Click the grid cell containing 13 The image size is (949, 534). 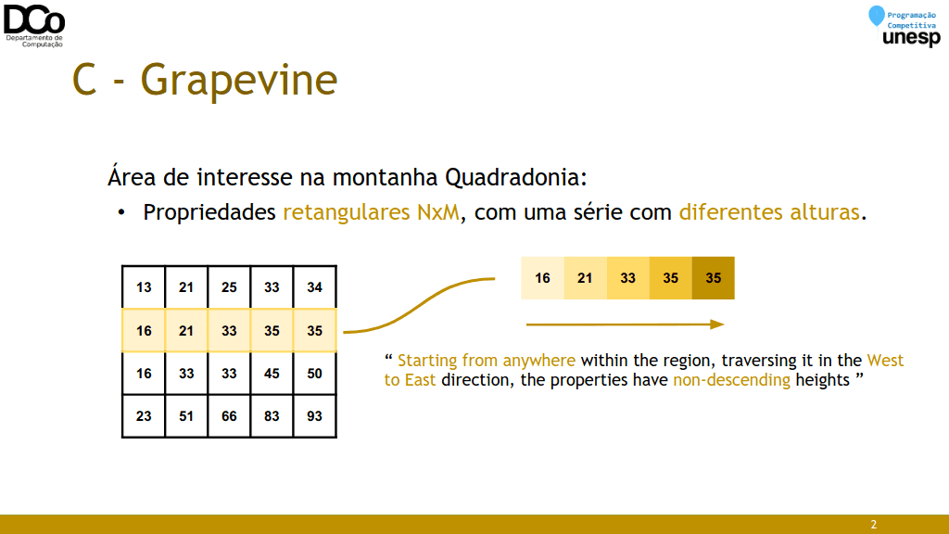pos(144,287)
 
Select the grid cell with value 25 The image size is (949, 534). pos(229,287)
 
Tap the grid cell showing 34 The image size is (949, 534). pos(315,287)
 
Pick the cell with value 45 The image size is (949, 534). pos(272,374)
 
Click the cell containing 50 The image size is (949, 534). pos(315,374)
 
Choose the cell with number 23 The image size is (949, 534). pos(144,416)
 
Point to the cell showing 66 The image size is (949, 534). pos(229,416)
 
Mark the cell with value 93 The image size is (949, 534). pos(315,416)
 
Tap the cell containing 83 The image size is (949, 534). pos(272,416)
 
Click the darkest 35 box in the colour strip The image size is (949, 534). pos(714,278)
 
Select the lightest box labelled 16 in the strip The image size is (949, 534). pos(542,278)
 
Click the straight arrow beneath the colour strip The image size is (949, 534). pos(626,324)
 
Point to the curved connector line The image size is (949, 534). pos(419,305)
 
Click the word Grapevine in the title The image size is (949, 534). pos(239,81)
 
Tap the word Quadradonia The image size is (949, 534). pos(515,177)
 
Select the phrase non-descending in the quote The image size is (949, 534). pos(732,379)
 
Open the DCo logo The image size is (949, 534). pos(34,25)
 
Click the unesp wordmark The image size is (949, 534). pos(912,37)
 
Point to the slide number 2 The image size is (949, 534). pos(873,525)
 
